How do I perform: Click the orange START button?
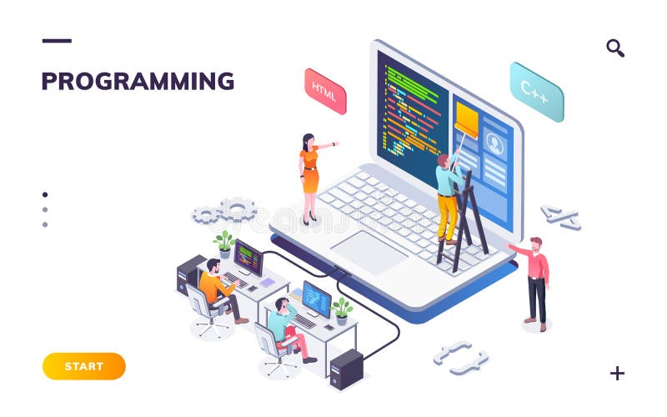(83, 366)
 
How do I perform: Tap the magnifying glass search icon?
(615, 48)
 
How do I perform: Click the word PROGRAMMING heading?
(138, 82)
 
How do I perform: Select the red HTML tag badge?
(324, 91)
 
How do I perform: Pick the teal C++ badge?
(536, 92)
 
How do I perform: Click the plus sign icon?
(617, 373)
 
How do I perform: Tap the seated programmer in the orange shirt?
(216, 288)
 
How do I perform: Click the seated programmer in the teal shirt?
(283, 325)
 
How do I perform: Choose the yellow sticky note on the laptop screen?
(466, 118)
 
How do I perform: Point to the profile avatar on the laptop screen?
(494, 144)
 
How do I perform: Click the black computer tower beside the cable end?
(346, 368)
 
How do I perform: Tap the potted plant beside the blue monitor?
(342, 309)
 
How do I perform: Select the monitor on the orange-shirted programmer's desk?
(248, 257)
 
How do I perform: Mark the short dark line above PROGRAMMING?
(57, 41)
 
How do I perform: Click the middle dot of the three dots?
(45, 209)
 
